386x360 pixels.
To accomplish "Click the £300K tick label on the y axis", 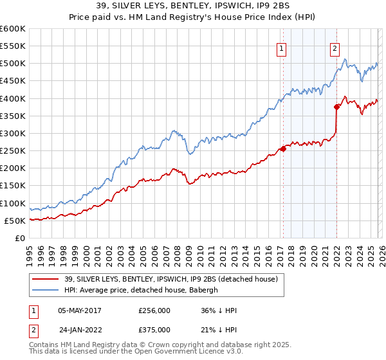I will [13, 134].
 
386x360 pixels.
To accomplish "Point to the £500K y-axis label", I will [13, 64].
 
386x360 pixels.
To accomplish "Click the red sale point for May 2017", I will [282, 149].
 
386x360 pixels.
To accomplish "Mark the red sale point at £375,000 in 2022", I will [336, 107].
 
